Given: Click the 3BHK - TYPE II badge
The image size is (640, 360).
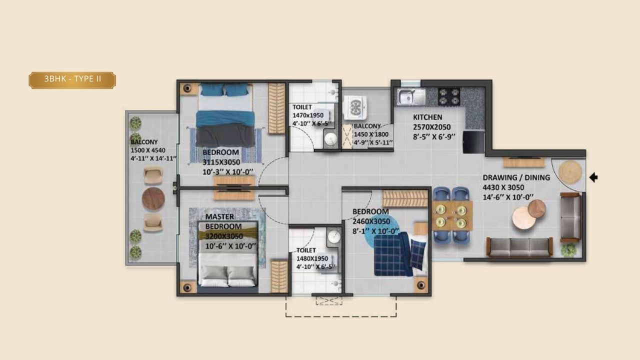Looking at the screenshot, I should click(x=72, y=80).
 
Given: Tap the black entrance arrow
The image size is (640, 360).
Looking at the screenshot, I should click(x=593, y=177).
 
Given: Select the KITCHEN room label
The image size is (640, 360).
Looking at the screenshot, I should click(x=427, y=117).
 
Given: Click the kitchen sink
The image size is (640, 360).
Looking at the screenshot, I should click(x=411, y=96).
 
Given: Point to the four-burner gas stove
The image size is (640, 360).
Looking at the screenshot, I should click(x=449, y=96).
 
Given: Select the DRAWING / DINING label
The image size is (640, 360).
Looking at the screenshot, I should click(x=515, y=177).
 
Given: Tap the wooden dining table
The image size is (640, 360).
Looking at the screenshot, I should click(x=452, y=215).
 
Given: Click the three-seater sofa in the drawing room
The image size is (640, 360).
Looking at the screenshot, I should click(x=519, y=246).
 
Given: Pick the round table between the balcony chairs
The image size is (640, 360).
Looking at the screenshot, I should click(x=153, y=199).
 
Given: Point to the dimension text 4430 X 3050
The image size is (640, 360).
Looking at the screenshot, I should click(x=503, y=187).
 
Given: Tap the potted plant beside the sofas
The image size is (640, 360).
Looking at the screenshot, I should click(x=568, y=249).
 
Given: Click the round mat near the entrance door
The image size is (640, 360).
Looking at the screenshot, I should click(x=570, y=172).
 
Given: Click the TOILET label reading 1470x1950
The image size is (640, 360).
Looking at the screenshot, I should click(x=302, y=107).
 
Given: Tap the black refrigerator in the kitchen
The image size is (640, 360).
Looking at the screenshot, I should click(x=473, y=142).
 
